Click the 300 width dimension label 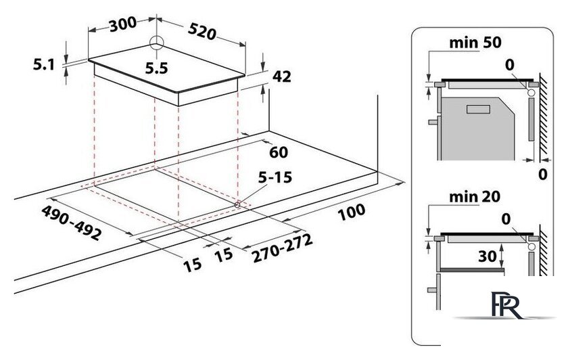pyautogui.click(x=123, y=24)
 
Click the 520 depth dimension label pyautogui.click(x=202, y=32)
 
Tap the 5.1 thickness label pyautogui.click(x=44, y=64)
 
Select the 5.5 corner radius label pyautogui.click(x=156, y=68)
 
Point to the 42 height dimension pyautogui.click(x=281, y=76)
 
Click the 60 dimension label pyautogui.click(x=279, y=152)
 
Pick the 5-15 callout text pyautogui.click(x=275, y=177)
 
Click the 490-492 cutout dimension pyautogui.click(x=72, y=222)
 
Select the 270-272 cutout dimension pyautogui.click(x=282, y=248)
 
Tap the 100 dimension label pyautogui.click(x=352, y=212)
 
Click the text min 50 pyautogui.click(x=475, y=43)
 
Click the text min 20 pyautogui.click(x=475, y=197)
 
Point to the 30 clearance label pyautogui.click(x=488, y=256)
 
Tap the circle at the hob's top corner pyautogui.click(x=156, y=43)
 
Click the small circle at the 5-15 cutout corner pyautogui.click(x=237, y=204)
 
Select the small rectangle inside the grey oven pyautogui.click(x=478, y=109)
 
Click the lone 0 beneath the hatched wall pyautogui.click(x=542, y=175)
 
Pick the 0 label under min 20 pyautogui.click(x=506, y=219)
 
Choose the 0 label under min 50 pyautogui.click(x=510, y=65)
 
